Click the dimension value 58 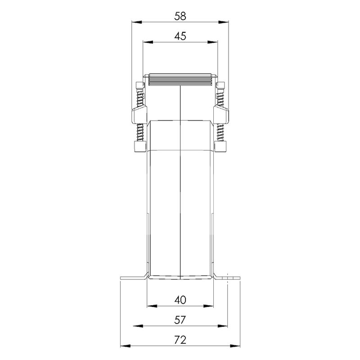pos(180,16)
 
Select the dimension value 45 pos(180,36)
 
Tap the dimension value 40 pos(180,300)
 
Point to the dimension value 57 pos(180,320)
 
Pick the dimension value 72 pos(180,340)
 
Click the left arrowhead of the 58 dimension pos(136,22)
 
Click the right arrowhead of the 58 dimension pos(224,22)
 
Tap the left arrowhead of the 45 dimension pos(148,42)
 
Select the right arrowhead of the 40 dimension pos(208,306)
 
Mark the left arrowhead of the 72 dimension pos(126,346)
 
